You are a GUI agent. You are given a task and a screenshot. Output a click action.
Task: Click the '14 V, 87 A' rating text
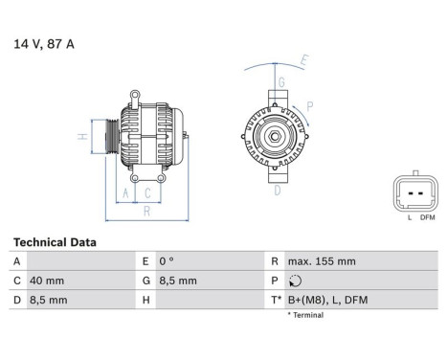(x=42, y=43)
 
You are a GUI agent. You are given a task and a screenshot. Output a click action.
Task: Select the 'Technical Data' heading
(x=55, y=243)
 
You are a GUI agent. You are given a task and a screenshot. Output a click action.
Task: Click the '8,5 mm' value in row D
(x=49, y=300)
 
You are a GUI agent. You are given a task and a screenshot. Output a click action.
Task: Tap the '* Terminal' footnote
(x=305, y=315)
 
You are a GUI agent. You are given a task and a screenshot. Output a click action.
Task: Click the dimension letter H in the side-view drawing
(x=82, y=136)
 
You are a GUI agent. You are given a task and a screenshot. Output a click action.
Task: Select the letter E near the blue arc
(x=305, y=61)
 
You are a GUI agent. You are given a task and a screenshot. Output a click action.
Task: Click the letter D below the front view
(x=277, y=191)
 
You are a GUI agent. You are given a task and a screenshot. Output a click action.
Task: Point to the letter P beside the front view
(x=310, y=106)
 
